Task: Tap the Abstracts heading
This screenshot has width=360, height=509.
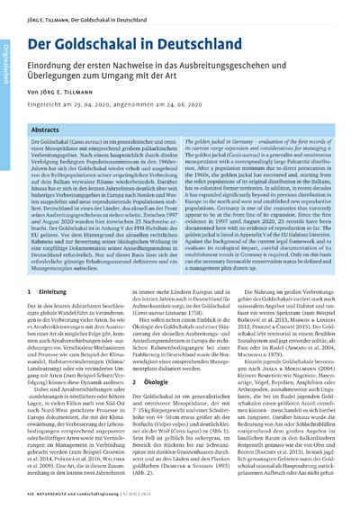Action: [x=47, y=131]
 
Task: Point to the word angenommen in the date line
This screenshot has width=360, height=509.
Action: [x=156, y=108]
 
